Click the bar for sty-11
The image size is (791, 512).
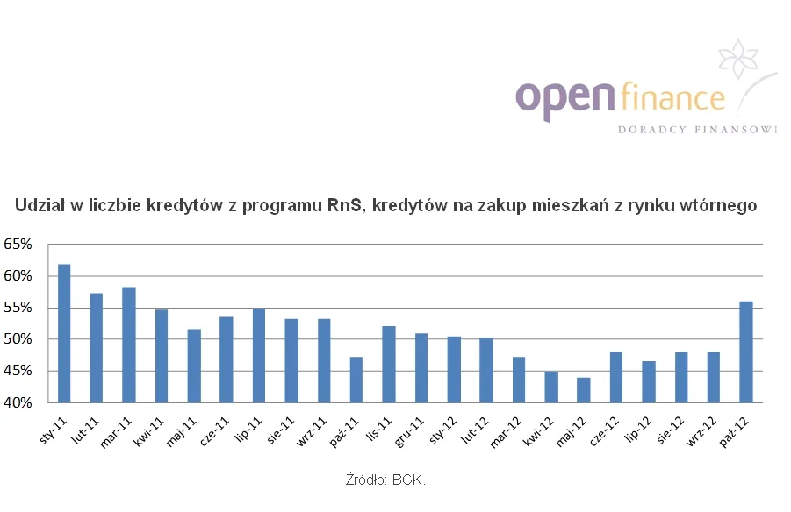point(64,333)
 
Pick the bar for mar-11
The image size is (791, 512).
point(129,345)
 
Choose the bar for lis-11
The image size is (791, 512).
point(389,364)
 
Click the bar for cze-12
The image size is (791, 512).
point(616,377)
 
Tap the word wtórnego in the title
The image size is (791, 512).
point(721,205)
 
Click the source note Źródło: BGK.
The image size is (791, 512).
point(387,480)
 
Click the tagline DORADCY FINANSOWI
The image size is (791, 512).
point(698,130)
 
